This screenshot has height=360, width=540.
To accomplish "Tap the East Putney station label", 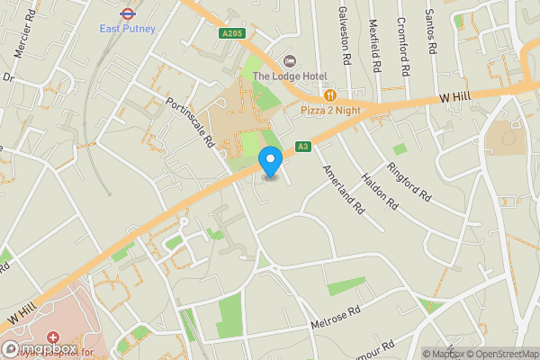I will tap(127, 28).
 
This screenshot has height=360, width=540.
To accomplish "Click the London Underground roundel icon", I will tap(127, 13).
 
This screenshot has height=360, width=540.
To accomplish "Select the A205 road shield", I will tap(231, 34).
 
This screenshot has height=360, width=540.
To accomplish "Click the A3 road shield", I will tap(303, 147).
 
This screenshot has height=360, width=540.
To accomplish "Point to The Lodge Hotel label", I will tap(289, 76).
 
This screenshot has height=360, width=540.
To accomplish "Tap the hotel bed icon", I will tap(290, 60).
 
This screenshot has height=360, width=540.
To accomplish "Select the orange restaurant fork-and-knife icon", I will tap(331, 94).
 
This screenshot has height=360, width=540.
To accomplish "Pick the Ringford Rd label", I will tap(409, 180).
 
